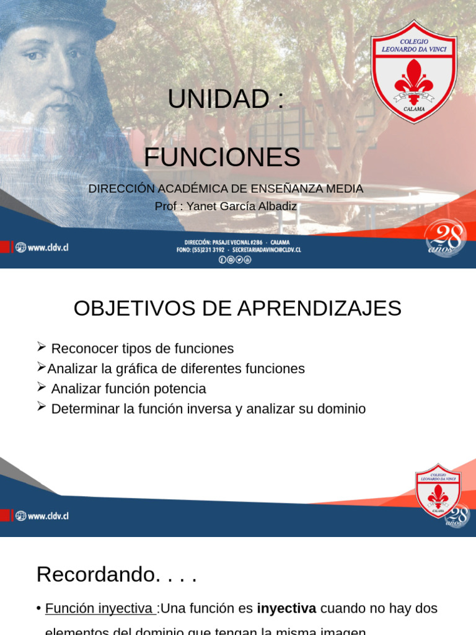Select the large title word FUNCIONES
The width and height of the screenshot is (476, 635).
click(222, 158)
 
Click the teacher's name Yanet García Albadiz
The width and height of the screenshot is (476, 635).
click(242, 206)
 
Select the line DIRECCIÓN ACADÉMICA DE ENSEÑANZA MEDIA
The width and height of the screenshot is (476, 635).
click(226, 189)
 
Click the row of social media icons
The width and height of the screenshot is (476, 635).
click(235, 260)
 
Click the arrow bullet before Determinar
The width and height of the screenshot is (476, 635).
click(42, 407)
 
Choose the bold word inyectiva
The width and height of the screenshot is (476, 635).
click(286, 609)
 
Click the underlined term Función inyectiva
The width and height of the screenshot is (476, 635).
click(99, 609)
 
